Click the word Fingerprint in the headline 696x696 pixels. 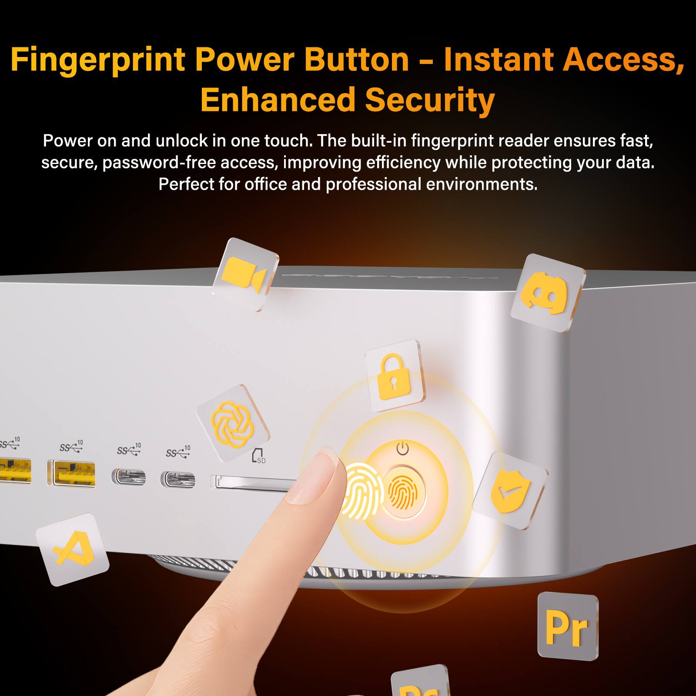tap(98, 60)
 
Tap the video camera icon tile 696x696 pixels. tap(245, 274)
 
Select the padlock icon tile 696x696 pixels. tap(394, 376)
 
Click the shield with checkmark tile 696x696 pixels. tap(510, 490)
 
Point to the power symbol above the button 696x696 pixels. tap(403, 448)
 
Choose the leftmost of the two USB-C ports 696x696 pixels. tap(129, 477)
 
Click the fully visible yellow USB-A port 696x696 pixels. tap(72, 473)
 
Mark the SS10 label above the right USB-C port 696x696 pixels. tap(178, 452)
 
